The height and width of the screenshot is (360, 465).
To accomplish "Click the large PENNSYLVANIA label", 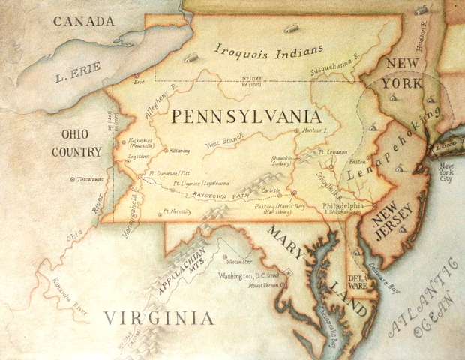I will [x=246, y=117].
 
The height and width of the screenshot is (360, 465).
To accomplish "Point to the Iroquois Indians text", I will [x=268, y=54].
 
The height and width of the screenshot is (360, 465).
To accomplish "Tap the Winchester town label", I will [x=239, y=262].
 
